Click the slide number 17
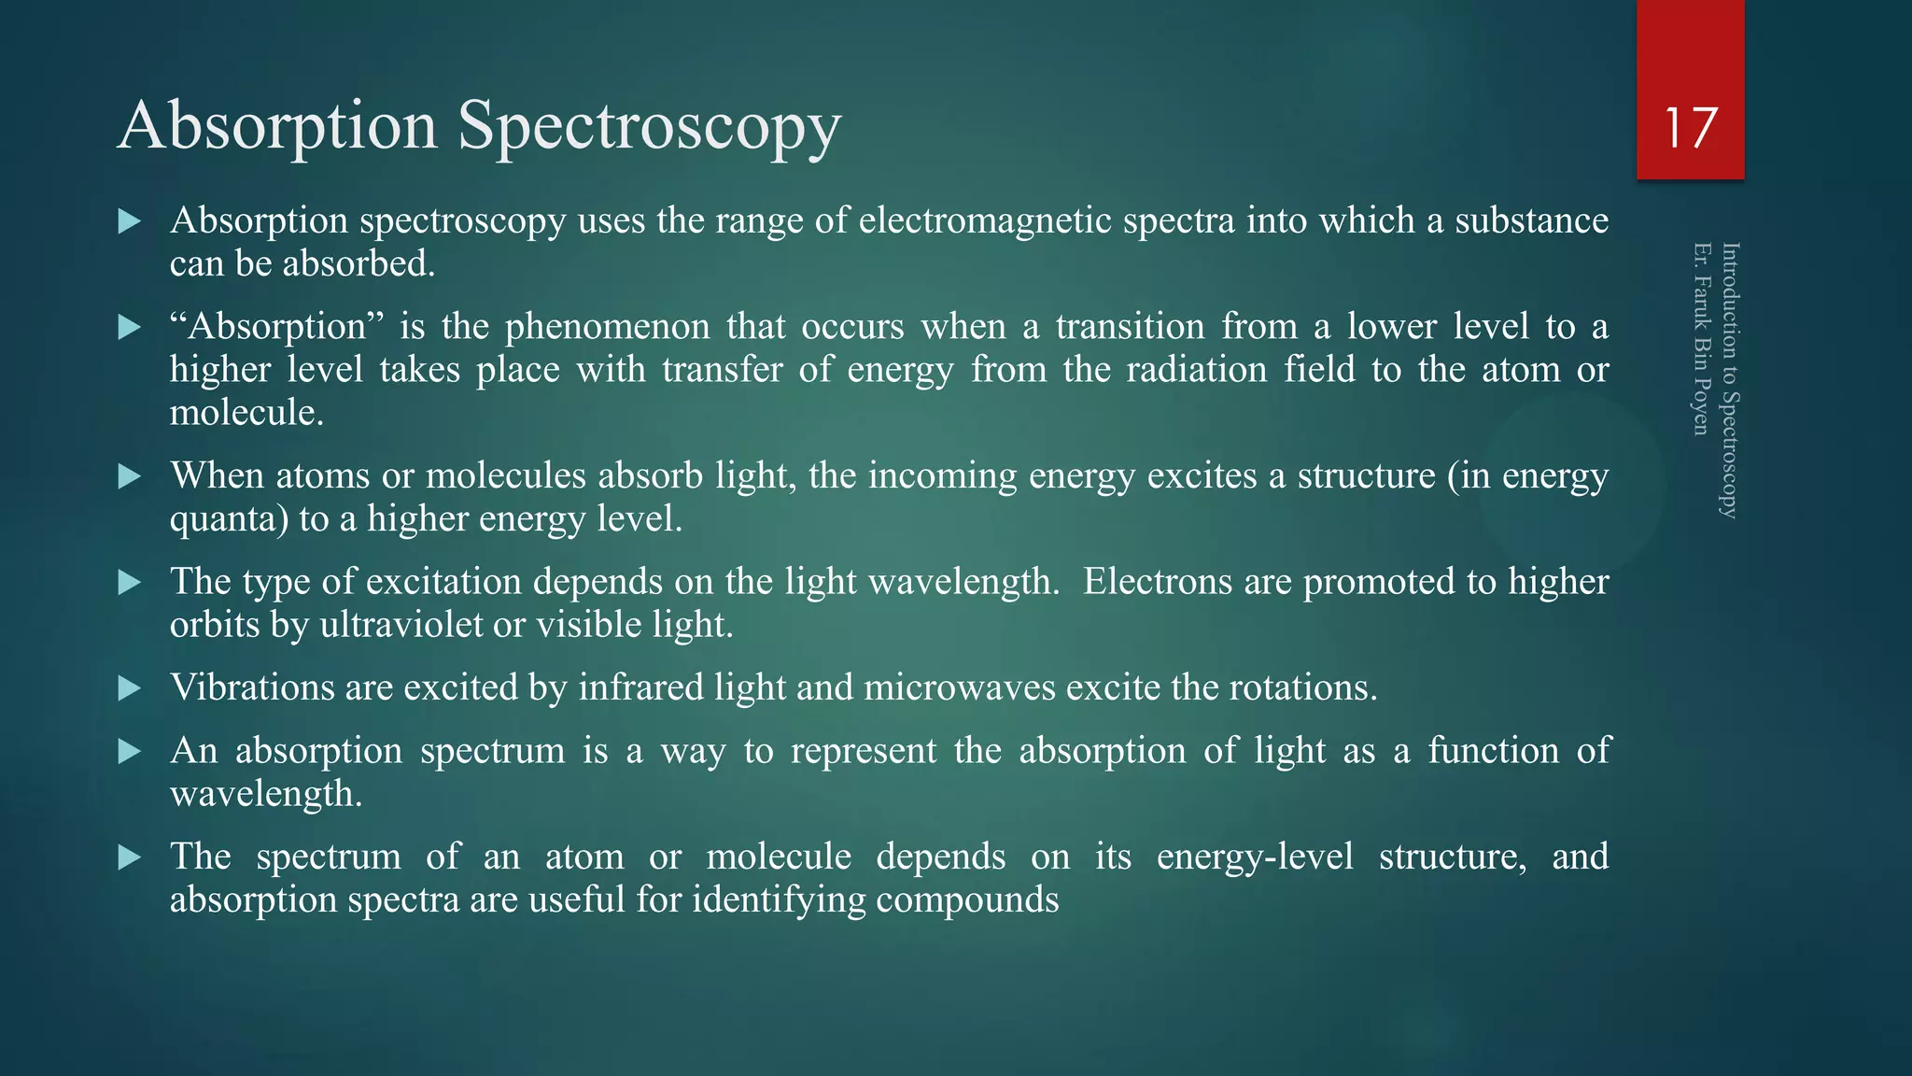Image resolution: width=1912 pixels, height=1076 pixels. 1690,128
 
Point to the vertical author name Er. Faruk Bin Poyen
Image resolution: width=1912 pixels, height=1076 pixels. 1702,338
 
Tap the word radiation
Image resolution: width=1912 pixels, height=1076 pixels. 1196,370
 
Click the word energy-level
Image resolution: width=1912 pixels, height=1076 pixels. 1255,857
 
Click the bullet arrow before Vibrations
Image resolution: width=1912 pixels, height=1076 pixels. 130,689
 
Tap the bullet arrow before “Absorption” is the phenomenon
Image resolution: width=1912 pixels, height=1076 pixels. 130,328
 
